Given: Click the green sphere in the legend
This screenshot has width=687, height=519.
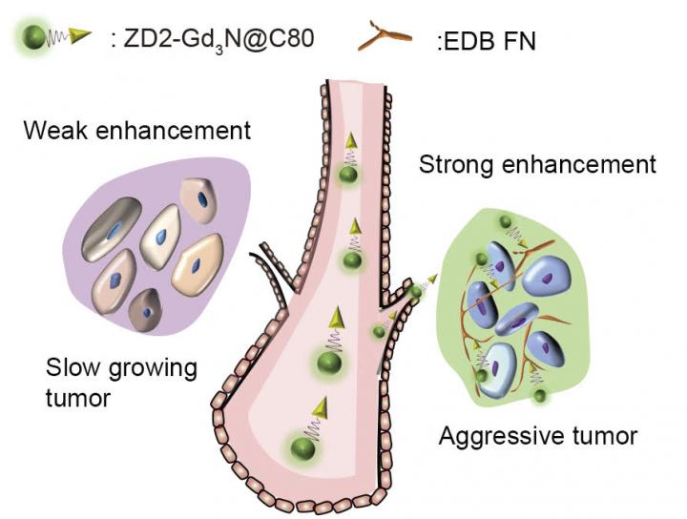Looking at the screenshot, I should [x=33, y=38].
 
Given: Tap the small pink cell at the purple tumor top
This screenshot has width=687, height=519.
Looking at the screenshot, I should [x=201, y=200].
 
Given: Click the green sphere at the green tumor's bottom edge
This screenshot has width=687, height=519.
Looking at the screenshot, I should [x=541, y=394].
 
